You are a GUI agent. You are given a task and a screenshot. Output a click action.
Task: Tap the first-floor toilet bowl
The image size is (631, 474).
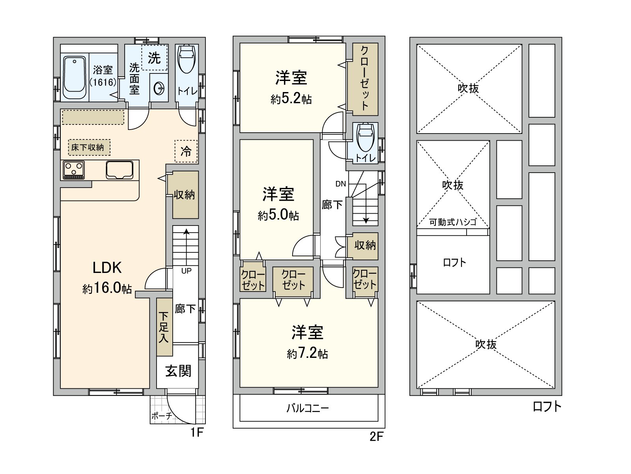187,60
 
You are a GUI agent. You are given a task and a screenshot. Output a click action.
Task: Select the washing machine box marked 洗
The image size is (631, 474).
154,58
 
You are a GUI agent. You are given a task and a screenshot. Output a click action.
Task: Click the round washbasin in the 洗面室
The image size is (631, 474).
159,88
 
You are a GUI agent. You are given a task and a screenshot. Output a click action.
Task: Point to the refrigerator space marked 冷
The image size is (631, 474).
186,151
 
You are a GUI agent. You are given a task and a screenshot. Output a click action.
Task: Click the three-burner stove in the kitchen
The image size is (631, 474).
74,170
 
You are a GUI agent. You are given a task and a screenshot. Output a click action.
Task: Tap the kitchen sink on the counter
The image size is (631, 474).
119,170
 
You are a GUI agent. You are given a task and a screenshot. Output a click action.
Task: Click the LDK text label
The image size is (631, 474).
107,268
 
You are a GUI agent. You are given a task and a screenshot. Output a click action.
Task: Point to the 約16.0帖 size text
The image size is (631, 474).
107,288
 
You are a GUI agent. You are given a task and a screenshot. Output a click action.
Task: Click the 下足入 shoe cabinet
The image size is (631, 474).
164,327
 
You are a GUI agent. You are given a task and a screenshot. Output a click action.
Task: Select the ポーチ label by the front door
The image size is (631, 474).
162,416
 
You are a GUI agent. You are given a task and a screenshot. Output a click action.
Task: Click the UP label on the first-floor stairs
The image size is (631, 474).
186,271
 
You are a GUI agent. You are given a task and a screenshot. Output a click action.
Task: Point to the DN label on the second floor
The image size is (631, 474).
341,184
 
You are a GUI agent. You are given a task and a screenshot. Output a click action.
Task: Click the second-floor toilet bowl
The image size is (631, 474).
365,137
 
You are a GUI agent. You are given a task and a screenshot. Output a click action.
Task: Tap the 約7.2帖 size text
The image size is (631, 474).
307,353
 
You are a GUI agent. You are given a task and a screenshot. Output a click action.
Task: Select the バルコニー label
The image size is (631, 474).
308,408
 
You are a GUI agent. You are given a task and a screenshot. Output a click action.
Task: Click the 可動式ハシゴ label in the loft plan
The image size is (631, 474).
453,222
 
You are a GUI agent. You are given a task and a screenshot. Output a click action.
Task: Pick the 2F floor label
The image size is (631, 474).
376,436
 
